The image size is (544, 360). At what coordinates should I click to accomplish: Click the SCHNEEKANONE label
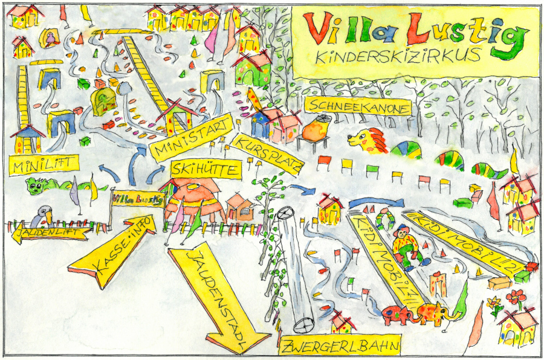357,106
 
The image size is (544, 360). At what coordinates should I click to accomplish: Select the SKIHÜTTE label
206,170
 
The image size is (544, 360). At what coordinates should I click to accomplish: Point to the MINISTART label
191,138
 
